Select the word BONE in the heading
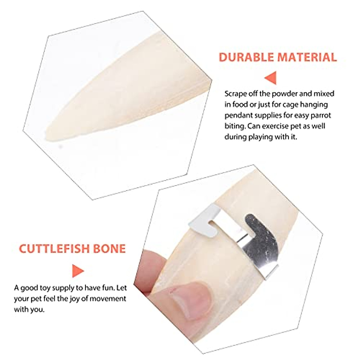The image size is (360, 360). pos(111,249)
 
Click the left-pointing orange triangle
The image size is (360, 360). pos(271,78)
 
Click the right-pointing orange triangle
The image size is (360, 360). pos(78,271)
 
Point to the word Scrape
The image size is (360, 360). pos(236,94)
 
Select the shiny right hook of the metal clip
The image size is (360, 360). pos(258,228)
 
